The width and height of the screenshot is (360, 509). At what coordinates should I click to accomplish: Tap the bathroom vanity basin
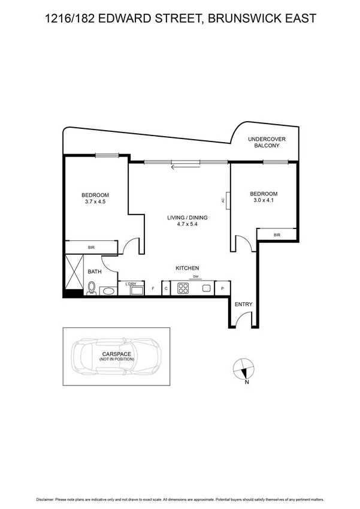click(108, 291)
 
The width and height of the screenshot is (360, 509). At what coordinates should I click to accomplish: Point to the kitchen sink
click(206, 288)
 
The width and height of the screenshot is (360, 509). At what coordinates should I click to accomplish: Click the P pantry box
click(222, 288)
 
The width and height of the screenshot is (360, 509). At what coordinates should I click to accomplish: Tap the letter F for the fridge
click(153, 289)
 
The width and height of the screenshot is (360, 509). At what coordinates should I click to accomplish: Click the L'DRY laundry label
click(131, 284)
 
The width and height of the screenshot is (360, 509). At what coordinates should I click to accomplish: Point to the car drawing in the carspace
click(115, 359)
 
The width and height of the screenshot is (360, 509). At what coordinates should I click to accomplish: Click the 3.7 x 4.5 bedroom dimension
click(95, 202)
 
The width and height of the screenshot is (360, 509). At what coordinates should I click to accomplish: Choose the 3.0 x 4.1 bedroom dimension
click(264, 201)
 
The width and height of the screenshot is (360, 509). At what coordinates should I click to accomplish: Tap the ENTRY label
click(244, 305)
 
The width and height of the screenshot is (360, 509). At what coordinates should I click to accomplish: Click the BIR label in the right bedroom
click(276, 235)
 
